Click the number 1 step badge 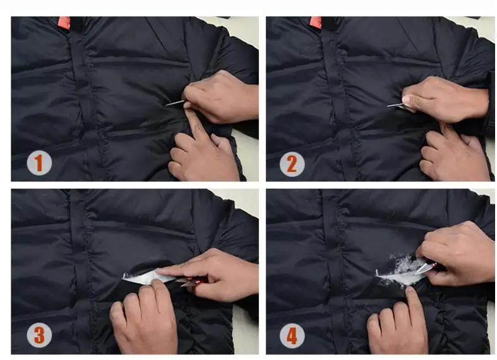[39, 163]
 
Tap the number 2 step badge [292, 164]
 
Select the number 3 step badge [39, 335]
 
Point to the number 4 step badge [292, 335]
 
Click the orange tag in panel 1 [64, 23]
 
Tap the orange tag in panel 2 [316, 22]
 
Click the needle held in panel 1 [175, 103]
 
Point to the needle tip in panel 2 [388, 106]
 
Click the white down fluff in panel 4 [400, 270]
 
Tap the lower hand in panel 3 [144, 317]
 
